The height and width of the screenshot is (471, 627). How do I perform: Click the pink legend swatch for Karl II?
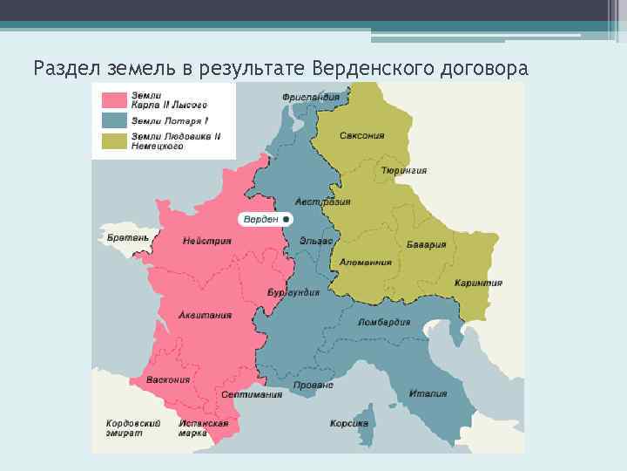click(114, 99)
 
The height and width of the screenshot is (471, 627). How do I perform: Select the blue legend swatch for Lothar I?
click(114, 120)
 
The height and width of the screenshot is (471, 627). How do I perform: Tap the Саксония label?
click(362, 135)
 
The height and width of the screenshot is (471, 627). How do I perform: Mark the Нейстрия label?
click(207, 241)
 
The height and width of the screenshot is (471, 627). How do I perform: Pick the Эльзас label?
click(314, 240)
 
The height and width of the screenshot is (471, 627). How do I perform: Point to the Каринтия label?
click(478, 283)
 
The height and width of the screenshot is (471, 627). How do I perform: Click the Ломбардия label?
click(384, 321)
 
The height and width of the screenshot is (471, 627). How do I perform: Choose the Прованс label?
click(313, 385)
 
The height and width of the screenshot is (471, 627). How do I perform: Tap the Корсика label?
click(348, 424)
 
